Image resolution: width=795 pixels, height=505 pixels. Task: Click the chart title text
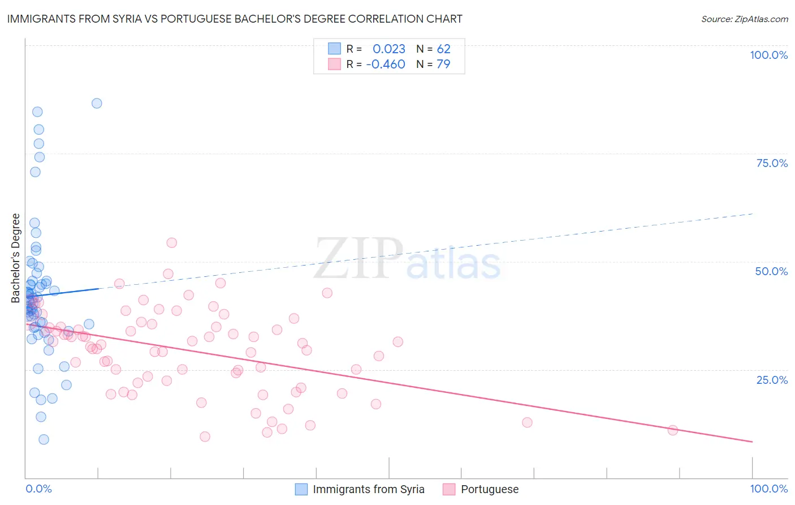coord(235,19)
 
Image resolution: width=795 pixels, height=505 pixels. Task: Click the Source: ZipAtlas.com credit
coord(744,19)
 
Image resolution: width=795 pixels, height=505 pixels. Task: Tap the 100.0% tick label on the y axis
coord(768,55)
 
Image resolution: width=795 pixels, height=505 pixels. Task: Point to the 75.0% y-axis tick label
coord(772,163)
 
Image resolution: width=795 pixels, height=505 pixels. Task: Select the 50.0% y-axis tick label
coord(771,271)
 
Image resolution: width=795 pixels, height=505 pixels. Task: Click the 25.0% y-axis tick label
coord(772,380)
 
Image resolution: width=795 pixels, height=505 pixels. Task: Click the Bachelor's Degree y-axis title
coord(16,258)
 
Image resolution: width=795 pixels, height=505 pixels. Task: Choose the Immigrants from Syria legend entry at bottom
coord(368,489)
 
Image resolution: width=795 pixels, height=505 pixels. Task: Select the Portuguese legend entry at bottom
coord(489,489)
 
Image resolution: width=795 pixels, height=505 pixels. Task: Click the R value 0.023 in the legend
coord(389,49)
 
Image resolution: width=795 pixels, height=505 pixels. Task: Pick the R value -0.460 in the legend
coord(386,65)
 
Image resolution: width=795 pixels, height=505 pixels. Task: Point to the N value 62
coord(443,49)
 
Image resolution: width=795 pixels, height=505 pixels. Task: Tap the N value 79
coord(443,65)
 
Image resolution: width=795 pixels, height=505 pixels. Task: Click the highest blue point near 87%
coord(97,103)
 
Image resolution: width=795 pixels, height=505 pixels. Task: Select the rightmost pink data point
coord(673,430)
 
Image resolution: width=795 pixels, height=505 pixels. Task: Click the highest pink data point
coord(172,243)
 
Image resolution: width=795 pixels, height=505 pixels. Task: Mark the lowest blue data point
coord(44,439)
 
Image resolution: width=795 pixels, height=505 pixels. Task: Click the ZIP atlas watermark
coord(407,260)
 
